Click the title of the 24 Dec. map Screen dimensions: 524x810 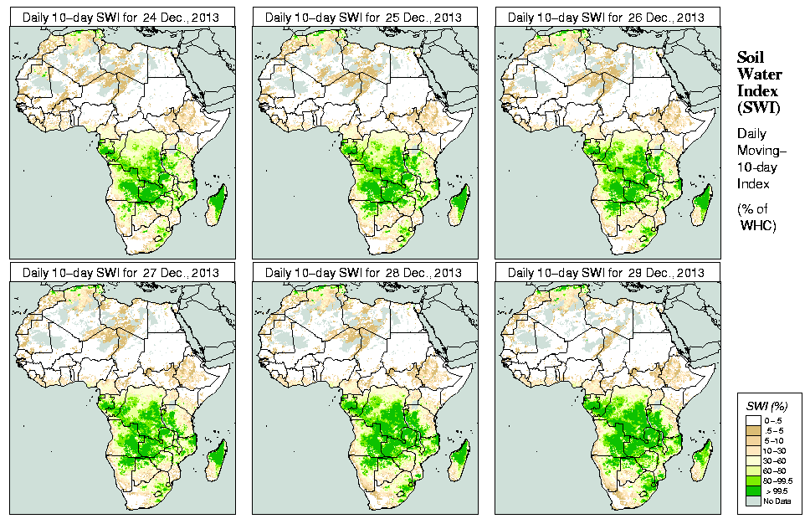tap(121, 17)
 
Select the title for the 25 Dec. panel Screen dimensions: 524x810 tap(365, 17)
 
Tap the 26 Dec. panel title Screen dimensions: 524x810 tap(607, 17)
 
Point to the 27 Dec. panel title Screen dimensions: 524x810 tap(121, 273)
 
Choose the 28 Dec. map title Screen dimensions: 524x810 tap(365, 273)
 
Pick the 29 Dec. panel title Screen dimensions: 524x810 tap(607, 273)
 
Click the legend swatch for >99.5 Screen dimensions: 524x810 tap(752, 491)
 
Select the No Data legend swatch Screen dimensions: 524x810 tap(752, 501)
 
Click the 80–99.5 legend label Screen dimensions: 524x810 tap(778, 480)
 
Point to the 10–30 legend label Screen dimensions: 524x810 tap(775, 450)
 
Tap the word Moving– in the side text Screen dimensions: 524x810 tap(760, 151)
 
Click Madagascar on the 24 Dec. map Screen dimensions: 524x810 tap(218, 202)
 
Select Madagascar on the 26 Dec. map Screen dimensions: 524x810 tap(703, 202)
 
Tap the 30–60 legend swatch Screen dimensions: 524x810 tap(752, 460)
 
